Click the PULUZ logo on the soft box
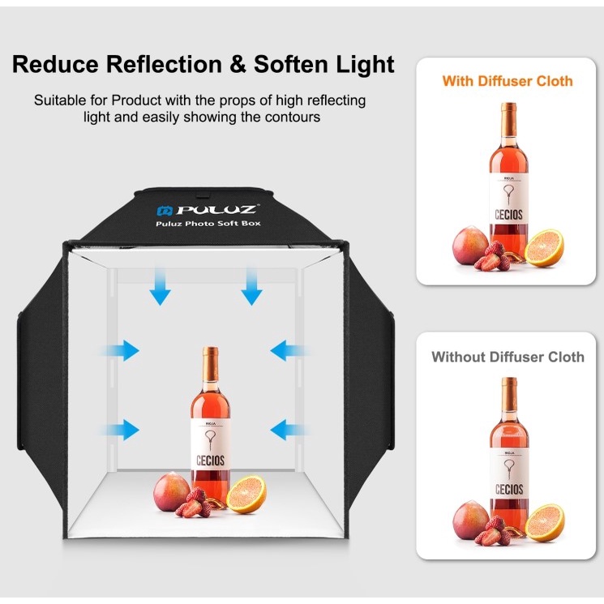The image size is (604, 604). click(x=207, y=210)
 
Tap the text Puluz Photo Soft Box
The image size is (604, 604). click(x=208, y=224)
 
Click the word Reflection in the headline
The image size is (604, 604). click(x=164, y=64)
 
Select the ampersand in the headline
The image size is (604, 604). click(x=238, y=64)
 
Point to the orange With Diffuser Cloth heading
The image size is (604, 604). click(x=508, y=81)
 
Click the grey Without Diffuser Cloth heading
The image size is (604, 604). click(x=508, y=357)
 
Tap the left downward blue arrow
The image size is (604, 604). click(x=160, y=287)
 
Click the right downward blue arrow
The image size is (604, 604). click(x=251, y=287)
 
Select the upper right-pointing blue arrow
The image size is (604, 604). click(x=120, y=350)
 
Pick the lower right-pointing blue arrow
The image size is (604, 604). click(x=120, y=430)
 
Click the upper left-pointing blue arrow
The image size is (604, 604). click(x=289, y=350)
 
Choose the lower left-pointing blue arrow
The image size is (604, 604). click(x=289, y=430)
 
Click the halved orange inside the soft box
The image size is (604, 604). click(x=246, y=495)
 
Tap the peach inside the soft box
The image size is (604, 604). click(x=171, y=492)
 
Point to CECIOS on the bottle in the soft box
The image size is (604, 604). click(x=210, y=460)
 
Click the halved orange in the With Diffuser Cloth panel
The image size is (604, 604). click(x=544, y=248)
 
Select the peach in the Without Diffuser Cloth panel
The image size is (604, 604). click(x=471, y=520)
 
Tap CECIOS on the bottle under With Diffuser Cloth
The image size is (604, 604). click(x=508, y=215)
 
